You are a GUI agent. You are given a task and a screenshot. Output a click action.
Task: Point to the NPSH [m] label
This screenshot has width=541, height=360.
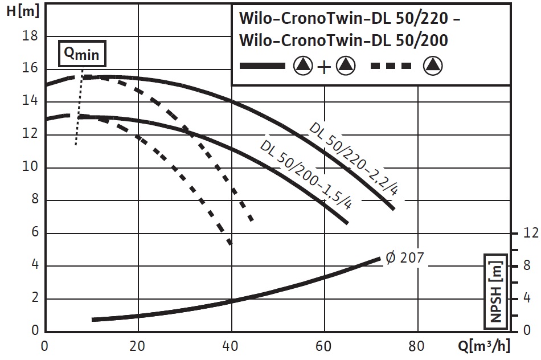click(x=497, y=291)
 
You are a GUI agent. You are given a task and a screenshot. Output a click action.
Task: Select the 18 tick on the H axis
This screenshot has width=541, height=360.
click(x=29, y=36)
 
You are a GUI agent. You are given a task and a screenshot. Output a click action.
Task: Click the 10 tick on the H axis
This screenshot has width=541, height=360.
click(x=29, y=167)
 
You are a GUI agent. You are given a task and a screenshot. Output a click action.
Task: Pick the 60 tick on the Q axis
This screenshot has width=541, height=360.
click(x=325, y=346)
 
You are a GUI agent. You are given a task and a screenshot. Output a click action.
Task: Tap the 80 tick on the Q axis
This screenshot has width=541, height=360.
click(x=417, y=346)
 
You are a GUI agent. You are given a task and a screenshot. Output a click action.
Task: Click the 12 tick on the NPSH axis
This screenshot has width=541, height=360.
click(x=530, y=233)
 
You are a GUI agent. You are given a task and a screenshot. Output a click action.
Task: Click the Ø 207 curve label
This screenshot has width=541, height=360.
click(x=405, y=257)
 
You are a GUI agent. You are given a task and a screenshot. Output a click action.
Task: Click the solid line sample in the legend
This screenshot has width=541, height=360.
click(x=263, y=66)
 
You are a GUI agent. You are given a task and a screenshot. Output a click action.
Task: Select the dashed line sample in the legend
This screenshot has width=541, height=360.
click(x=391, y=66)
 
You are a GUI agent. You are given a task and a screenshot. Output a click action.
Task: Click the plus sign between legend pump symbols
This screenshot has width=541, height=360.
click(x=323, y=67)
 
